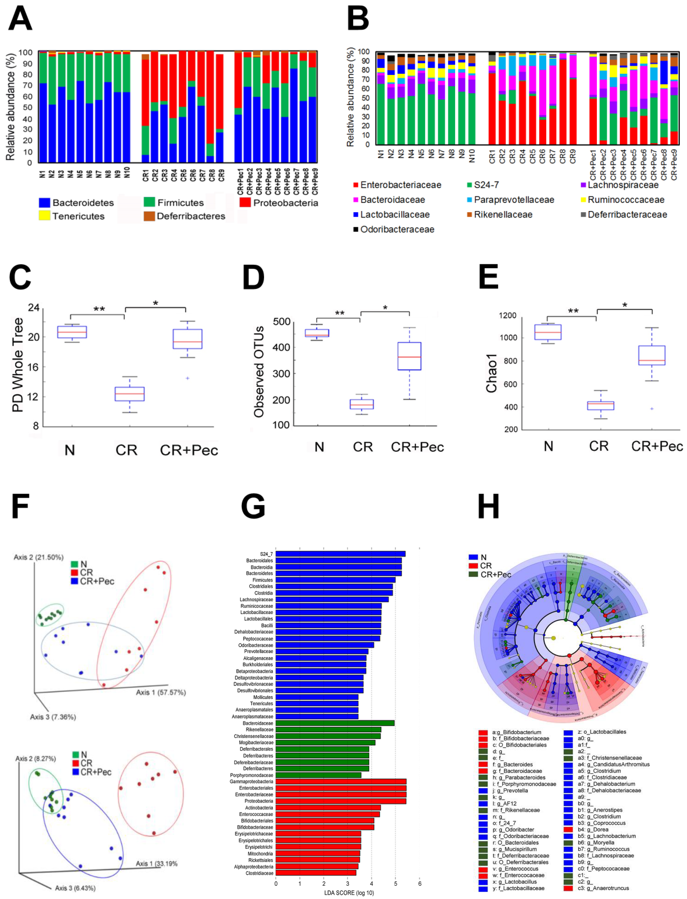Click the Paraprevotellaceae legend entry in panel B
tap(514, 199)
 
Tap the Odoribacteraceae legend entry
tap(397, 229)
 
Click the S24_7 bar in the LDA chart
tap(340, 554)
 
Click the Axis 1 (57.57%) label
tap(161, 692)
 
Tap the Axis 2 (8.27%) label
tap(36, 758)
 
